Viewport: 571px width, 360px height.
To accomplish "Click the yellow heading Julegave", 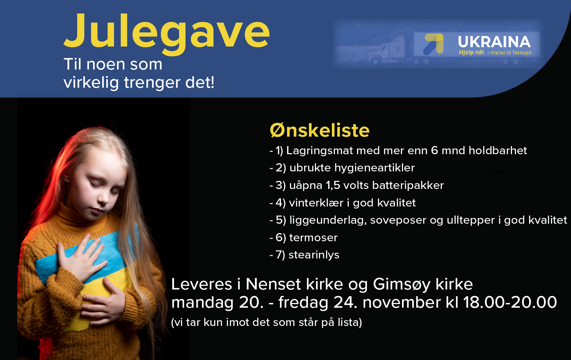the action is pos(167,33).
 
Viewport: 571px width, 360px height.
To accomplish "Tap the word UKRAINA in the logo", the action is pos(494,42).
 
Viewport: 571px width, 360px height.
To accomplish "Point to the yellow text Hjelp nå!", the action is pos(471,52).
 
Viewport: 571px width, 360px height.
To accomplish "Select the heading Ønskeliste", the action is pos(320,130).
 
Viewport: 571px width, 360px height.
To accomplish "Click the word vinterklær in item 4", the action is pos(316,203).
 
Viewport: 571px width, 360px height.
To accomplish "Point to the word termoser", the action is pos(313,238).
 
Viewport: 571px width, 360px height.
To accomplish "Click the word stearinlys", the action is pos(314,255).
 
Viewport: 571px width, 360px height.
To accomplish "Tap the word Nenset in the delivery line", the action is pos(273,284).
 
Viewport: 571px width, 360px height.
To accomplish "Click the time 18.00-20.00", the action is pos(510,302).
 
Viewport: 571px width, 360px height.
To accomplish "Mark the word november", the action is pos(402,302).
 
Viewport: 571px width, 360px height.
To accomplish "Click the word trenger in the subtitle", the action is pos(153,83).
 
